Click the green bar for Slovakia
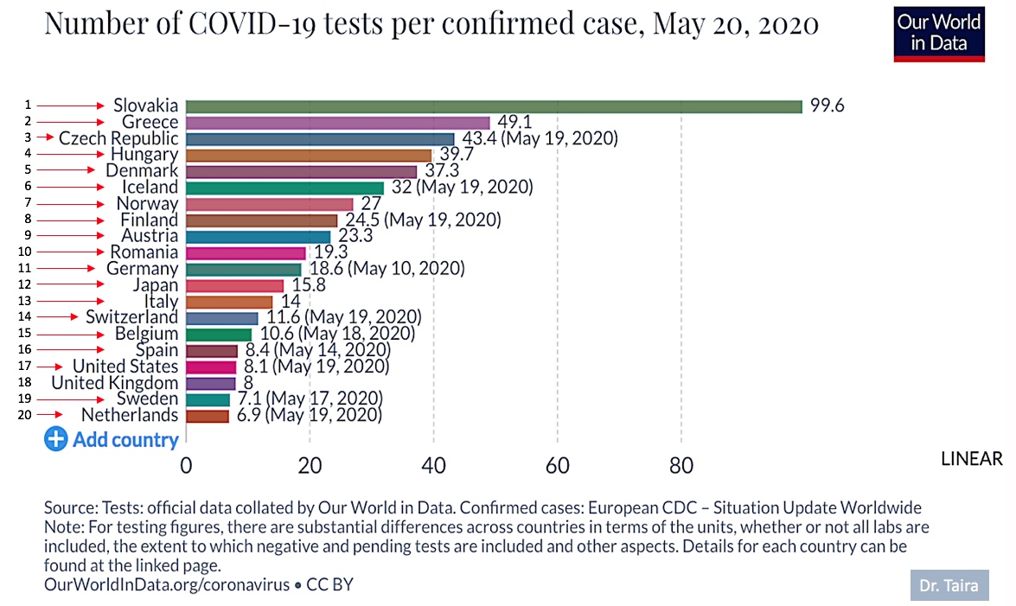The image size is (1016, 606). tap(494, 106)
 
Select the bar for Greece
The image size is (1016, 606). tap(337, 123)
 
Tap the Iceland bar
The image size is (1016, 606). tap(284, 188)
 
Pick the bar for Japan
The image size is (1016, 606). tap(234, 286)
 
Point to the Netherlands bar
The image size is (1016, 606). tap(208, 416)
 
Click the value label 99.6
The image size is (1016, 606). tap(827, 105)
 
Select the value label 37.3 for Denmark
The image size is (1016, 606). tap(442, 170)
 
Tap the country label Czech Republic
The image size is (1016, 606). tap(118, 138)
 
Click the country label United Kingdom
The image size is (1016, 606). tap(115, 382)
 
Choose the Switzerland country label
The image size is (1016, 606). tap(131, 317)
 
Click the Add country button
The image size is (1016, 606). tap(112, 439)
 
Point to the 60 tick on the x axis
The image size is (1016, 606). tap(557, 465)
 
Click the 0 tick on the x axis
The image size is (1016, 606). tap(186, 465)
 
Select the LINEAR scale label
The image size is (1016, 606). tap(971, 459)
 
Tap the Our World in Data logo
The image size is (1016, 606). tap(939, 35)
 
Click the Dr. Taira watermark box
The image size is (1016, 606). tap(949, 585)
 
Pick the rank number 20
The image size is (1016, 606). tap(24, 415)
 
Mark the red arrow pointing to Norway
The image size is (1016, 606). tap(70, 204)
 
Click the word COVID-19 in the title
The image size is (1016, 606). tap(252, 24)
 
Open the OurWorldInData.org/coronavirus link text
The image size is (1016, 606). tap(167, 584)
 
